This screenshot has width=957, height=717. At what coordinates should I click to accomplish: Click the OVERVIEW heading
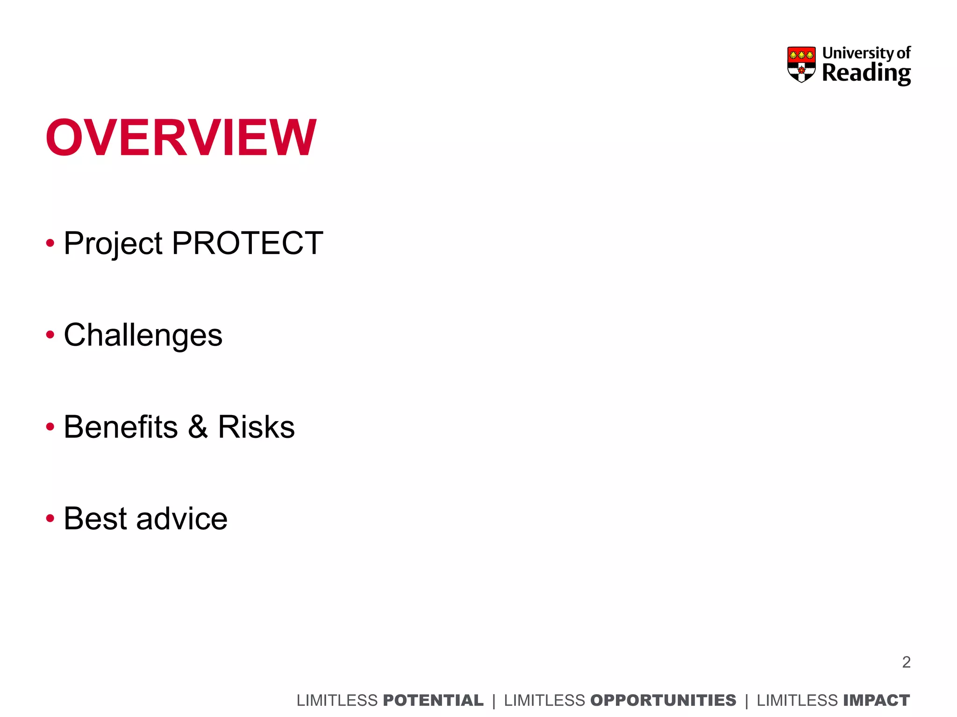[181, 138]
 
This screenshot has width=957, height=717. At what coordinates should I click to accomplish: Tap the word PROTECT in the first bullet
[247, 243]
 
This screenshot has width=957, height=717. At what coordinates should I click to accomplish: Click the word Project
[113, 244]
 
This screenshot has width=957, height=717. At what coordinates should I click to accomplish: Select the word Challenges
[143, 336]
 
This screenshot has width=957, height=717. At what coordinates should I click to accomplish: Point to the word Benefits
[121, 427]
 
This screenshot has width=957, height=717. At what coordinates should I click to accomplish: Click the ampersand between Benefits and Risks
[198, 427]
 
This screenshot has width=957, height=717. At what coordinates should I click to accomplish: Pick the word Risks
[256, 427]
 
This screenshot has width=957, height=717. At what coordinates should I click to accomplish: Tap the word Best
[95, 519]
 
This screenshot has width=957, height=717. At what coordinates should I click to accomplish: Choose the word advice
[182, 519]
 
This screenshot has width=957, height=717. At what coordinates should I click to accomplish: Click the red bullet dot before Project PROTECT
[50, 243]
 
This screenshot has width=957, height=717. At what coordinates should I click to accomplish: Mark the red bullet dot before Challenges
[50, 335]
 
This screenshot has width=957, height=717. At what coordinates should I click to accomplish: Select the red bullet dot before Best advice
[50, 518]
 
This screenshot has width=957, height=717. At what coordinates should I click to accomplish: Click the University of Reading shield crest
[801, 64]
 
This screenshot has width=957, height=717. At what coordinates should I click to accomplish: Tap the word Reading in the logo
[866, 74]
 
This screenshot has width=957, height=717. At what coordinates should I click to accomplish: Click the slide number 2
[906, 662]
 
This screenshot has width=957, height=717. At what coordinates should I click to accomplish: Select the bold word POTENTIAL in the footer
[433, 700]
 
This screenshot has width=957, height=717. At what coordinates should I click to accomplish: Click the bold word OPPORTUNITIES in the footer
[663, 700]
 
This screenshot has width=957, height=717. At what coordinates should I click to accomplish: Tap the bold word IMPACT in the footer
[877, 700]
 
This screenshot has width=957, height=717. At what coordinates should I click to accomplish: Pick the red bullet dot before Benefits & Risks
[50, 426]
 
